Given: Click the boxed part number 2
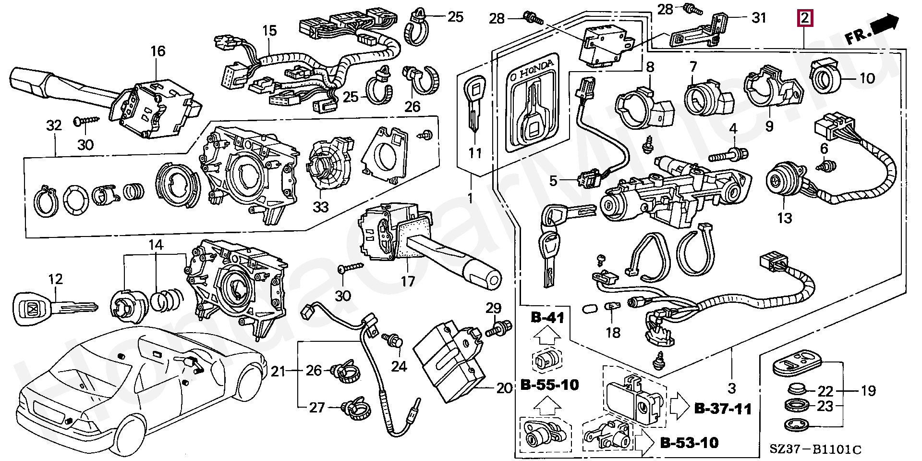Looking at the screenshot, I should [804, 18].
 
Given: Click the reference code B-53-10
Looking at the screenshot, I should [689, 442].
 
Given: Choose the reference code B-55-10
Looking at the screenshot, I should [549, 385].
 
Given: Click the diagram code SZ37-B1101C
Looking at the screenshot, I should [816, 450].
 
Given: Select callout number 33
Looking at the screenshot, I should [321, 207].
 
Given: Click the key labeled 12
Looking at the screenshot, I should [55, 306].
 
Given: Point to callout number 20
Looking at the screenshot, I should [504, 388].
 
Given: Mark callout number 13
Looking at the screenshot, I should [784, 219].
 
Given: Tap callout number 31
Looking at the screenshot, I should [759, 18].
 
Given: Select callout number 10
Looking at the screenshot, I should [881, 78].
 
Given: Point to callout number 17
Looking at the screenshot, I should [408, 281].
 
